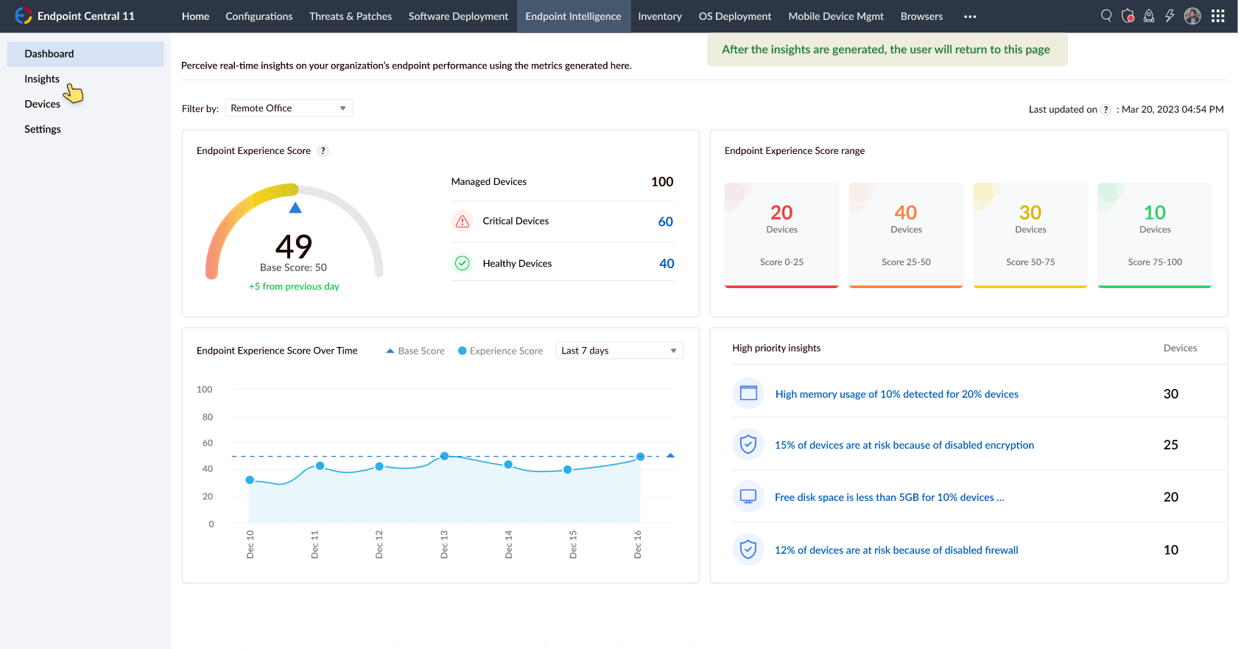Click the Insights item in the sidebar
coord(42,79)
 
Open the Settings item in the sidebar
coord(43,129)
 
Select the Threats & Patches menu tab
coord(350,16)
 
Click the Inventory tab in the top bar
coord(659,16)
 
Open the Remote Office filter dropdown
coord(289,108)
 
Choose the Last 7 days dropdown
coord(619,351)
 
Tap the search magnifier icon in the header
coord(1106,15)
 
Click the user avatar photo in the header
coord(1192,16)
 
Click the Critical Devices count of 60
coord(665,222)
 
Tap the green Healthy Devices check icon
coord(463,263)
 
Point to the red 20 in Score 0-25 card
coord(781,213)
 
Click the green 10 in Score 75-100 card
coord(1154,213)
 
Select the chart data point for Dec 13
coord(444,457)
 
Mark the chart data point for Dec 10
coord(250,480)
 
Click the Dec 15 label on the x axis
coord(573,544)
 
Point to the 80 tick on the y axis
coord(208,417)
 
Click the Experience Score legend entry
coord(500,351)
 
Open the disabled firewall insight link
coord(896,550)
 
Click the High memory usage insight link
coord(896,394)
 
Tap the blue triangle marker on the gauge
coord(295,208)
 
